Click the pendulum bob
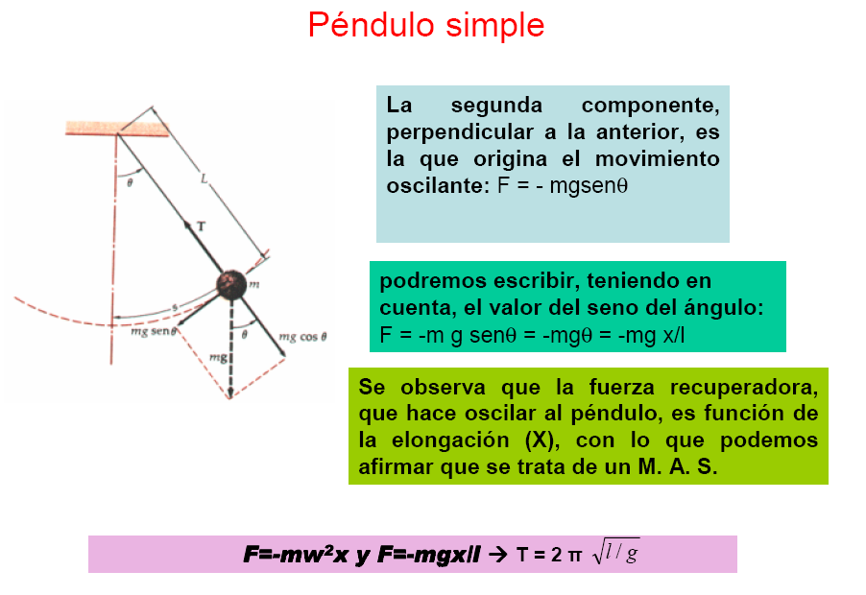(x=230, y=285)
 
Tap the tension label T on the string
(x=201, y=226)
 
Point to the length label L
(x=204, y=178)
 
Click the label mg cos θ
(x=302, y=337)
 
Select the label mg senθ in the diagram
(x=154, y=331)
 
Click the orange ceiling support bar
(x=117, y=128)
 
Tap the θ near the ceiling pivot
(x=130, y=182)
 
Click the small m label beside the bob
(x=254, y=285)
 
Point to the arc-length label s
(x=175, y=307)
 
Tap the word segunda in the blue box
(x=496, y=105)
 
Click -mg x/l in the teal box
(x=651, y=335)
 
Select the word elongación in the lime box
(x=450, y=440)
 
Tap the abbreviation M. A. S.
(x=678, y=467)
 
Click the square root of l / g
(x=615, y=552)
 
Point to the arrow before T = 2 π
(x=498, y=554)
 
